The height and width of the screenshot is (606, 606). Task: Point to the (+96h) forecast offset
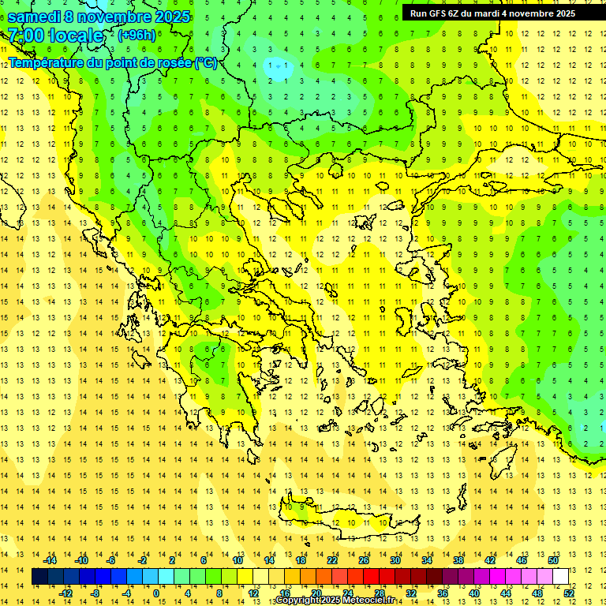[x=137, y=36]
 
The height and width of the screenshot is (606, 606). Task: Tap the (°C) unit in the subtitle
[x=205, y=62]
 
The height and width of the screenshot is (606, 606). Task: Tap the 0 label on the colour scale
[x=155, y=593]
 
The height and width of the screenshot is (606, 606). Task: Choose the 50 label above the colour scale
[x=553, y=560]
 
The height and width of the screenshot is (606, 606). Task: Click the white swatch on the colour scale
[x=561, y=577]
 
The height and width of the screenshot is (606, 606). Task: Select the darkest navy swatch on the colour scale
[x=40, y=577]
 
